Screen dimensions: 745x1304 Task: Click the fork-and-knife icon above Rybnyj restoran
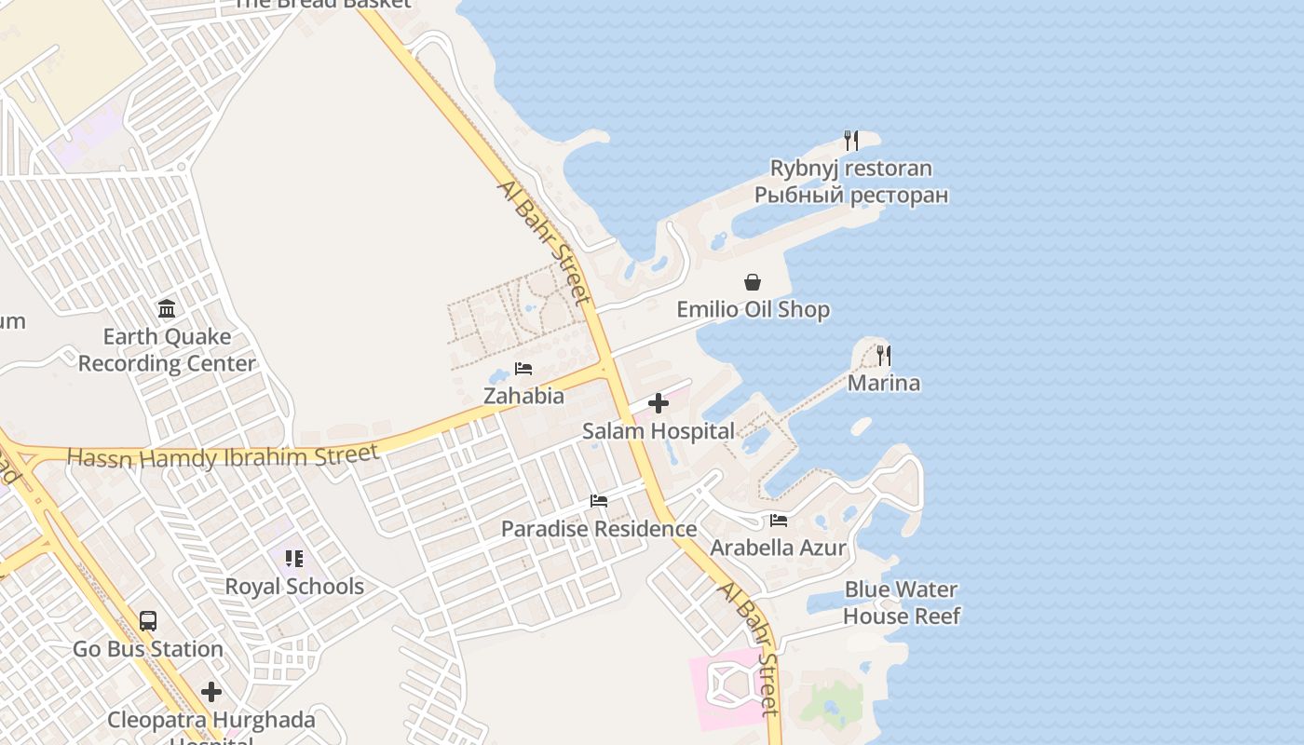point(850,141)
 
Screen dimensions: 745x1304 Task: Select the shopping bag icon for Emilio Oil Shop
point(753,282)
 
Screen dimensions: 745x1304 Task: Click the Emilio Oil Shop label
point(753,309)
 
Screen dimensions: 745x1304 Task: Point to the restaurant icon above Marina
point(883,355)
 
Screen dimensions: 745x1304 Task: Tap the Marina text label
point(883,383)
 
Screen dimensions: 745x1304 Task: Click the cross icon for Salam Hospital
point(659,403)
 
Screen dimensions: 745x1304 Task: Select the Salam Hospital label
point(659,431)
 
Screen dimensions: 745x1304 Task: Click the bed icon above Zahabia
point(523,369)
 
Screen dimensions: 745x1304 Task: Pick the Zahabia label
point(523,396)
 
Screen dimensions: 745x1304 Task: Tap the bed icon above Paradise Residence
point(599,501)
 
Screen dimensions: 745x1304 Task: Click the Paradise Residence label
point(599,529)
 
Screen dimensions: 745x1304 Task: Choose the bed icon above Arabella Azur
point(779,520)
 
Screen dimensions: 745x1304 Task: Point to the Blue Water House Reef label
point(901,603)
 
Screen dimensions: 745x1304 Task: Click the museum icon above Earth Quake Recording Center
point(167,308)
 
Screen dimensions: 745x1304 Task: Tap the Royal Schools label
point(294,587)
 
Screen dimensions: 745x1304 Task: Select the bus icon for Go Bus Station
point(147,621)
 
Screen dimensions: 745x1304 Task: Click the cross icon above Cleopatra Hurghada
point(211,692)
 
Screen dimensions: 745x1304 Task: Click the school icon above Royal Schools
point(294,559)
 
